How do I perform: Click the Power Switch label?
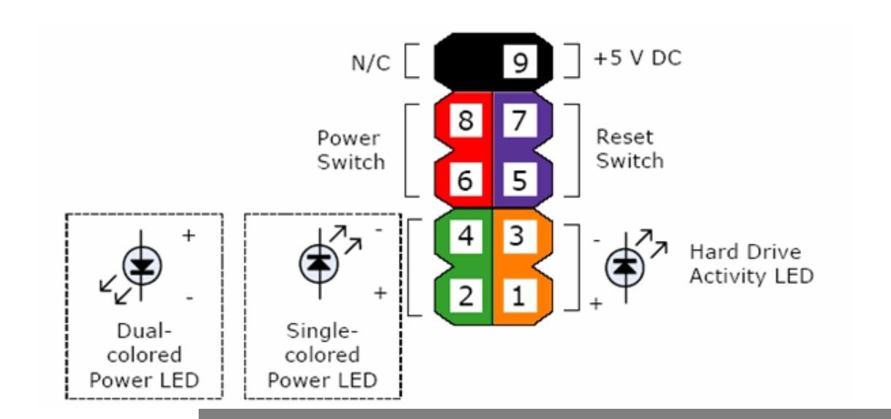[x=351, y=150]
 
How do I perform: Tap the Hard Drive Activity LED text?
[x=751, y=265]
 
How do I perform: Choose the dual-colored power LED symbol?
[x=138, y=267]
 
